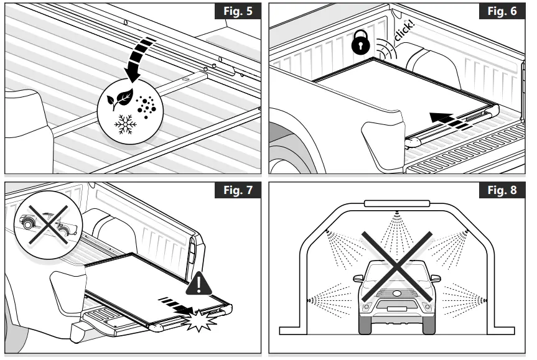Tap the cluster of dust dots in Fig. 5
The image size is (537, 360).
click(x=147, y=107)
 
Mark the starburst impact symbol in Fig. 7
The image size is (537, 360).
click(x=202, y=318)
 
